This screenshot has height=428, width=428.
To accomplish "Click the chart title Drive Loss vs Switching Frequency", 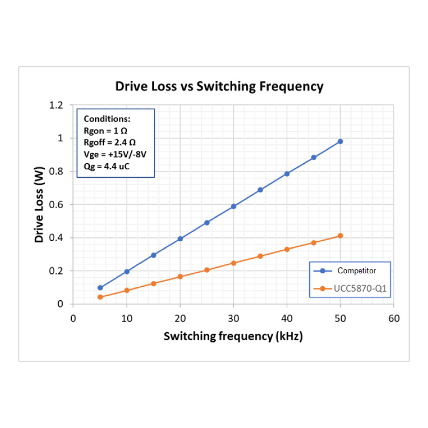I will click(219, 87).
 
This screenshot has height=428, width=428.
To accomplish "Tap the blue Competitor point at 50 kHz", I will click(340, 141).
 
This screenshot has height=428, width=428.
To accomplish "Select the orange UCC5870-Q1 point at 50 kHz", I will click(340, 236).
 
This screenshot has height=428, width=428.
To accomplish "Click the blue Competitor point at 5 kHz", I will click(100, 288).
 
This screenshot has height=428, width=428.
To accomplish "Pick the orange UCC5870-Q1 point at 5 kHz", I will click(100, 297).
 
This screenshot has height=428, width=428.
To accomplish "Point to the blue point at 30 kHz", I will click(233, 206).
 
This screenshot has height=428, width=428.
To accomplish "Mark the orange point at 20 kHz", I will click(180, 277).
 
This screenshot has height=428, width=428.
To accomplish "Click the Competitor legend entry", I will click(356, 271).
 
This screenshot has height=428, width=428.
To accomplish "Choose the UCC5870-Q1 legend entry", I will click(360, 289).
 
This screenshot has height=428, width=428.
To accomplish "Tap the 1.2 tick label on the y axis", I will click(56, 105).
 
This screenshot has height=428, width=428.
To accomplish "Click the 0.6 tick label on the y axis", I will click(56, 204).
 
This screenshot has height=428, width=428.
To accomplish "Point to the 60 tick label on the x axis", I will click(394, 318).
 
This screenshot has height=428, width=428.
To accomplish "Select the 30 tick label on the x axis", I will click(233, 318).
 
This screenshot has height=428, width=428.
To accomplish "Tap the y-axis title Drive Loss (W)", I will click(39, 204).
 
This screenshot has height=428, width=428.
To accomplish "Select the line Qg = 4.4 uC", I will click(107, 166).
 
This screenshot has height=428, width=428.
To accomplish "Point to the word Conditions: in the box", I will click(107, 119).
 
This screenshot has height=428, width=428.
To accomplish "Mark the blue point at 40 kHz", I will click(287, 174).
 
